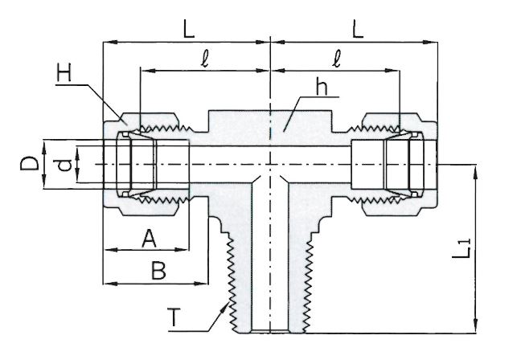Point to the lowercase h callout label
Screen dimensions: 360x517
[x=320, y=90]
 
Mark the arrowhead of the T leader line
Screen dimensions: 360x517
[x=225, y=301]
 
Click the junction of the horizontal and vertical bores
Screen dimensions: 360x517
[x=271, y=164]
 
